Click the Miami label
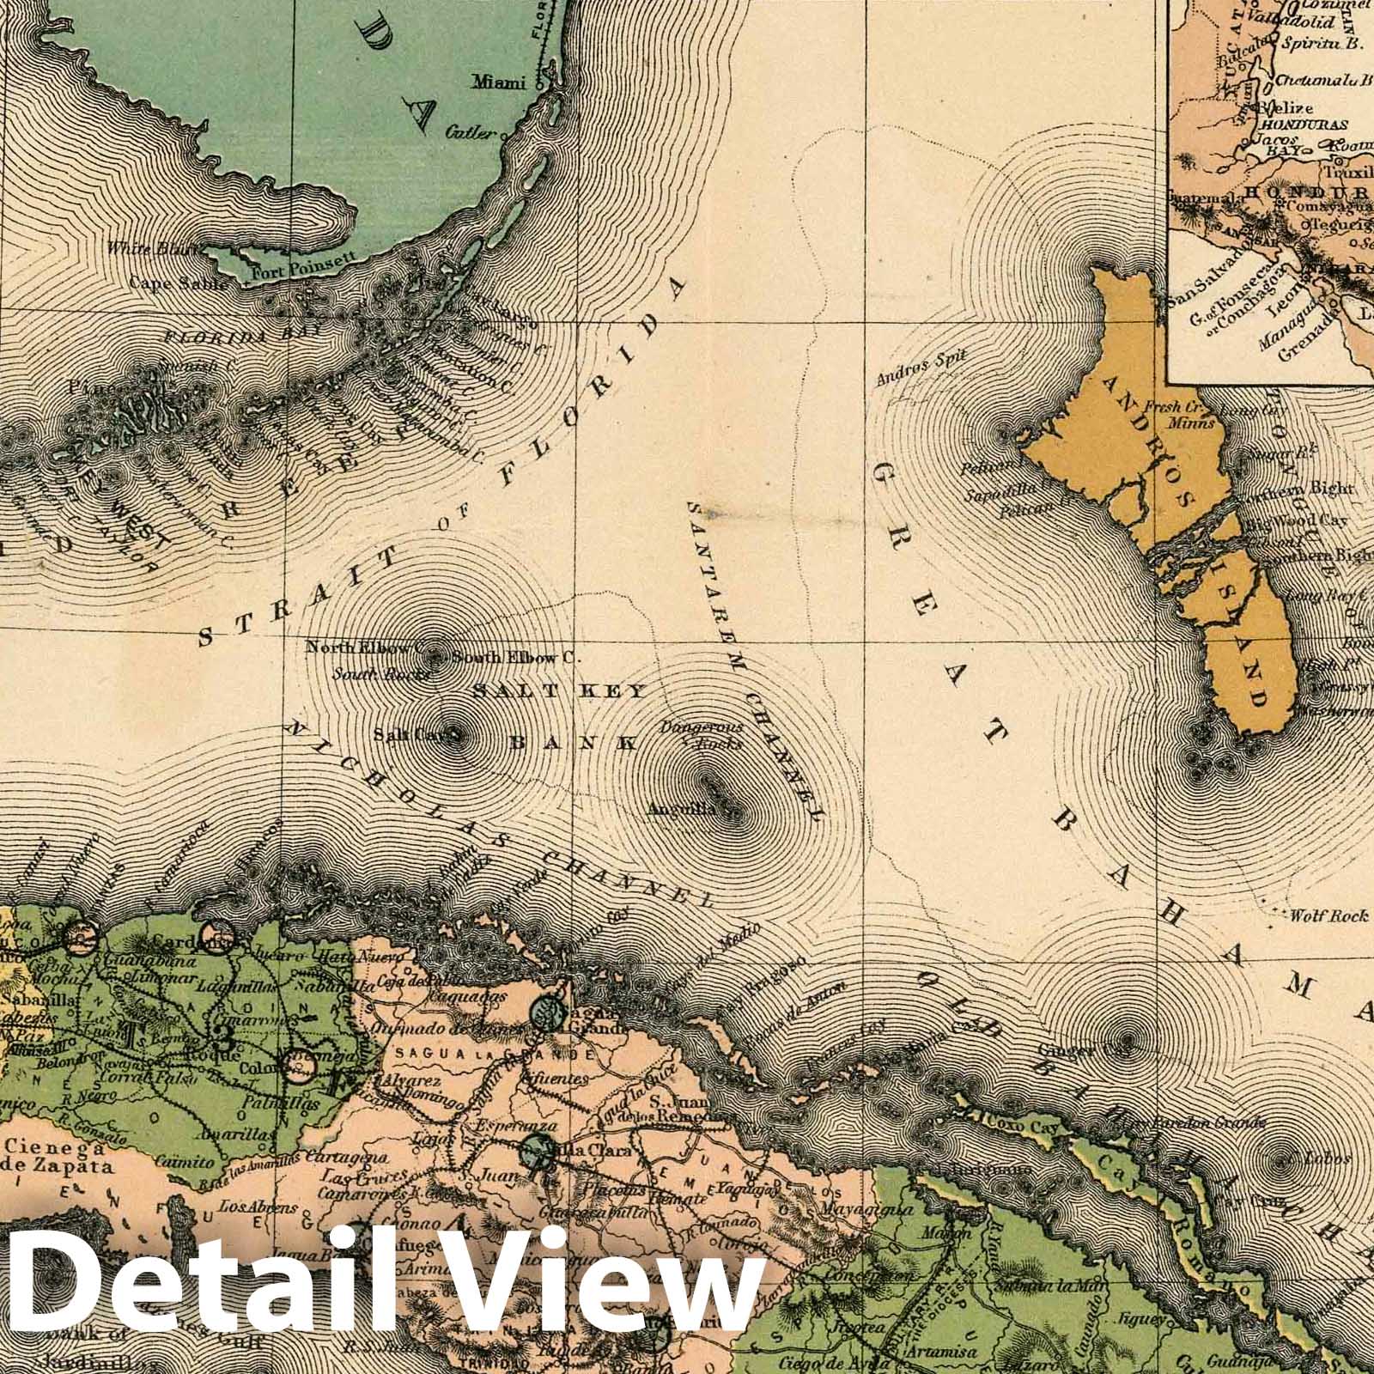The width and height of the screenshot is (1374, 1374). coord(498,83)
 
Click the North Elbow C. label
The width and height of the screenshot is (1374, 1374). coord(367,646)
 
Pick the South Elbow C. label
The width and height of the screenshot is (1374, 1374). coord(513,659)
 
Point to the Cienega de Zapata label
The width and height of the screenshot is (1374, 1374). coord(57,1157)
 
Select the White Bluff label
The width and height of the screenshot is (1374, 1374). coord(148,249)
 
